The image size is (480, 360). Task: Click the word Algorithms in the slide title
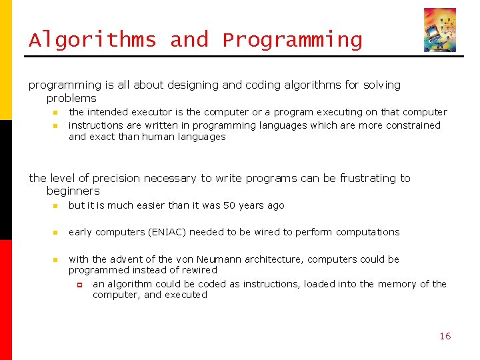pos(92,40)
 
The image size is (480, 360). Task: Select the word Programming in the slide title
pos(292,40)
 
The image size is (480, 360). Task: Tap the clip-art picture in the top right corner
pos(440,30)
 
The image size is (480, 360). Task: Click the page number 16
pos(445,336)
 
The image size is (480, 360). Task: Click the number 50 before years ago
pos(229,205)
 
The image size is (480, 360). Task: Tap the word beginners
pos(73,191)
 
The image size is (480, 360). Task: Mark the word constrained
pos(411,125)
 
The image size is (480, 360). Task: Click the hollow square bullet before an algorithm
pos(78,285)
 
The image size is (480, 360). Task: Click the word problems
pos(71,98)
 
